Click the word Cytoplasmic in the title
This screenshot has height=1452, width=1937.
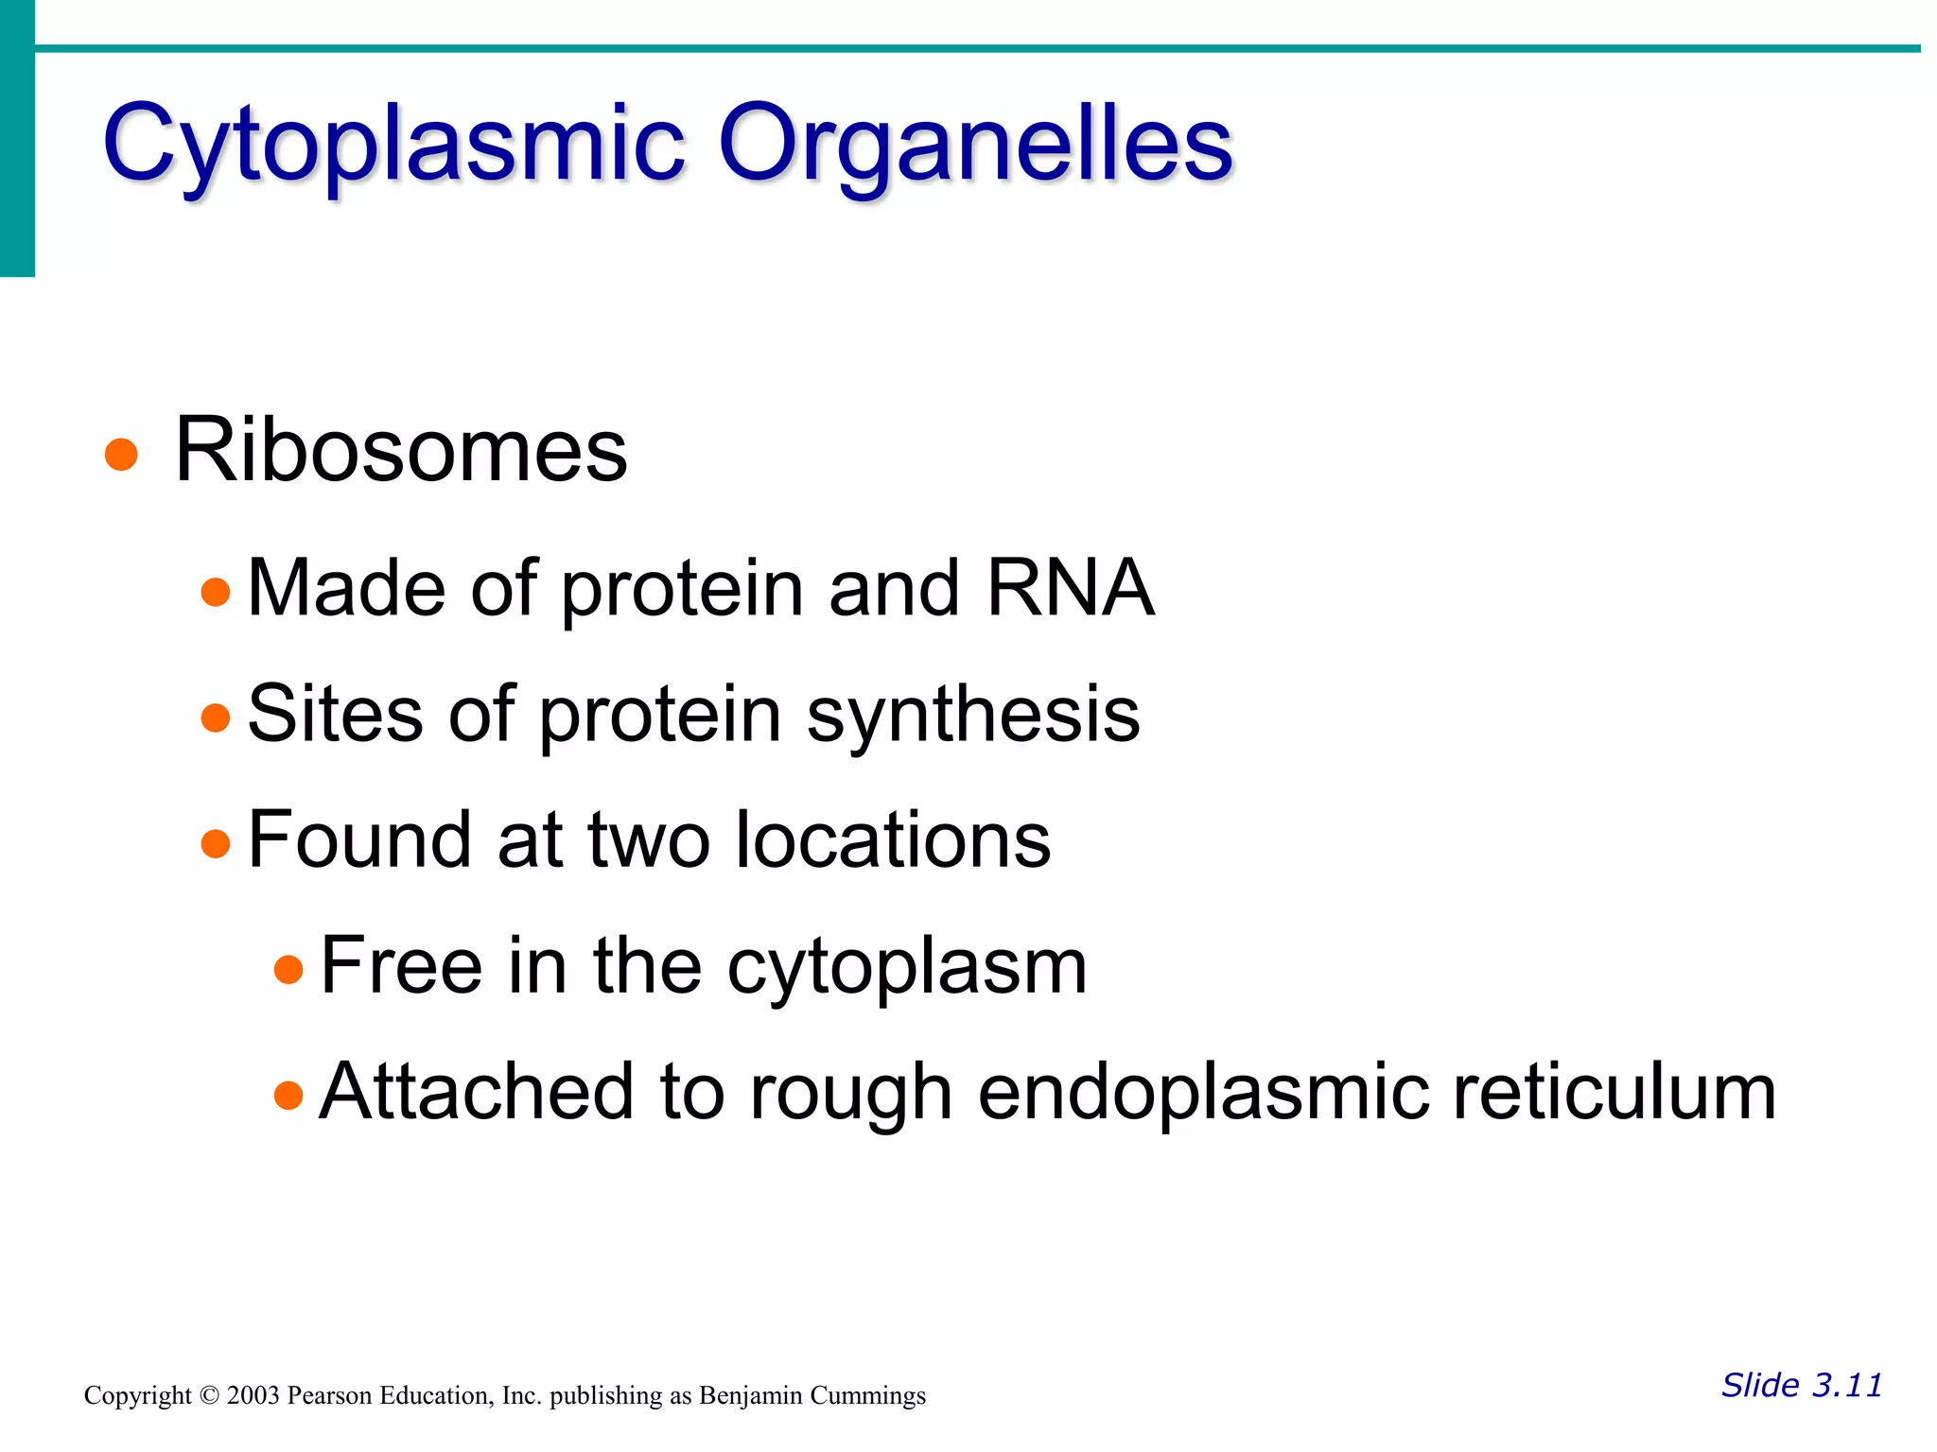point(393,144)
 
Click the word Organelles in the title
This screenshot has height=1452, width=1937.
point(975,144)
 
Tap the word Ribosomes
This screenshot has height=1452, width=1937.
point(401,451)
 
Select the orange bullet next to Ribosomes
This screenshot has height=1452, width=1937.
point(121,455)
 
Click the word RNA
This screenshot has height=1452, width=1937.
point(1070,588)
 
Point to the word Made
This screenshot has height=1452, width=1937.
point(345,588)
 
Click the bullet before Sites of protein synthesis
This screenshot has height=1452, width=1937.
point(216,717)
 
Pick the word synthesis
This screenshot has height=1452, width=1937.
point(973,716)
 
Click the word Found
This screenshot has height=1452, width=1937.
point(359,839)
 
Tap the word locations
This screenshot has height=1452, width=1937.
point(893,839)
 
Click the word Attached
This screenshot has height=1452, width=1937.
point(476,1092)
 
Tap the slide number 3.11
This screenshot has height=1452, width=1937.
point(1846,1385)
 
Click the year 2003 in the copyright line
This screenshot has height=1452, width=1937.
point(253,1395)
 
